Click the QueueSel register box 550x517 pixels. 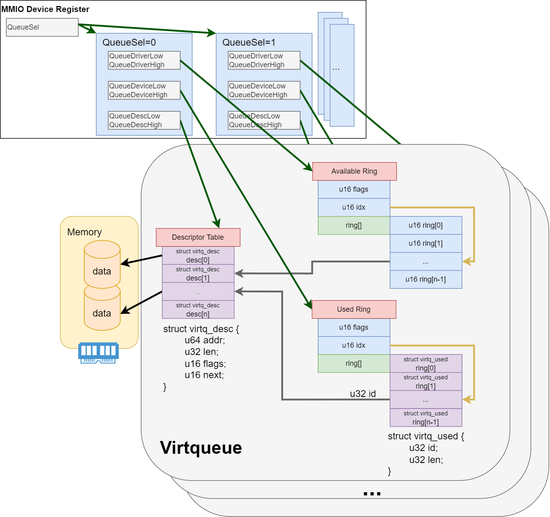pos(42,27)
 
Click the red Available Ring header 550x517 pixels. pos(354,171)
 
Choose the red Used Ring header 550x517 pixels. pos(354,309)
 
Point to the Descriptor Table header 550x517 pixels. pos(198,237)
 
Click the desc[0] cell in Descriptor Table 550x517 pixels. pos(198,256)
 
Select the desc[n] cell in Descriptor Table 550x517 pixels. pos(198,310)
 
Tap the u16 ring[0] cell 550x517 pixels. pos(426,225)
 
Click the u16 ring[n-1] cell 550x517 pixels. pos(426,279)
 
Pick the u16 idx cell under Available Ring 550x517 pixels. pos(354,207)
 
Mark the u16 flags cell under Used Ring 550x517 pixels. pos(354,327)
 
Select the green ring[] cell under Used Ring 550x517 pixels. pos(354,363)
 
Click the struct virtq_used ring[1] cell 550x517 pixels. pos(426,382)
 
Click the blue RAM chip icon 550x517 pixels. pos(98,353)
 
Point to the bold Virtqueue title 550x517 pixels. pos(201,448)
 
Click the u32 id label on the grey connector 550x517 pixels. pos(363,394)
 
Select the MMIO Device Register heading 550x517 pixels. pos(45,9)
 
